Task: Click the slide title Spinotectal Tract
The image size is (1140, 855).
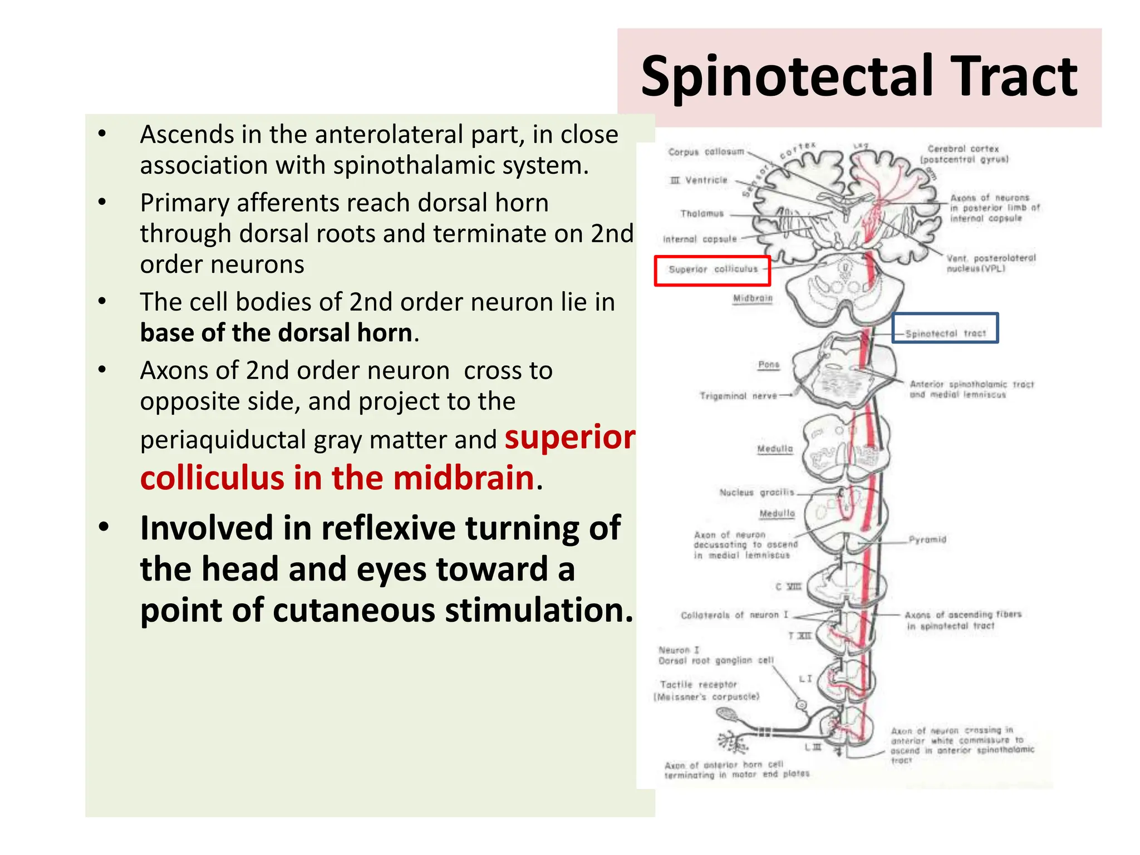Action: [x=859, y=77]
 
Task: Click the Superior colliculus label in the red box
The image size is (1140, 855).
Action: [x=713, y=269]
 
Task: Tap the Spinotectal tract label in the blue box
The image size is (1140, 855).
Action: [x=945, y=333]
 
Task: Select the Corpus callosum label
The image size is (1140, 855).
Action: [x=706, y=151]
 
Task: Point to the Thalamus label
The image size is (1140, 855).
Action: [x=701, y=214]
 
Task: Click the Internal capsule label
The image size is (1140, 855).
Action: [x=700, y=239]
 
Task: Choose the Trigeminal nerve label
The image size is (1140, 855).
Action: [x=738, y=396]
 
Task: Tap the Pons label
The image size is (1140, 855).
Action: [x=768, y=365]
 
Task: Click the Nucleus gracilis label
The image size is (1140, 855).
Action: [x=756, y=493]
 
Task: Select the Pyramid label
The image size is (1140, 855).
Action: [x=927, y=539]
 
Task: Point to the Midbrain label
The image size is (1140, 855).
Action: [x=753, y=298]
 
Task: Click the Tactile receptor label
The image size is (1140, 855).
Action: [x=698, y=685]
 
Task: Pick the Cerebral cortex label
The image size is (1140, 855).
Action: [x=963, y=149]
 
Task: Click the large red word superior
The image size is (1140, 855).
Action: [x=570, y=438]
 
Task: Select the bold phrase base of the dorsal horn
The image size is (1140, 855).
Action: [x=276, y=333]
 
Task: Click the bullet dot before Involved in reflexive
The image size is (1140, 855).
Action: [x=104, y=527]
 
